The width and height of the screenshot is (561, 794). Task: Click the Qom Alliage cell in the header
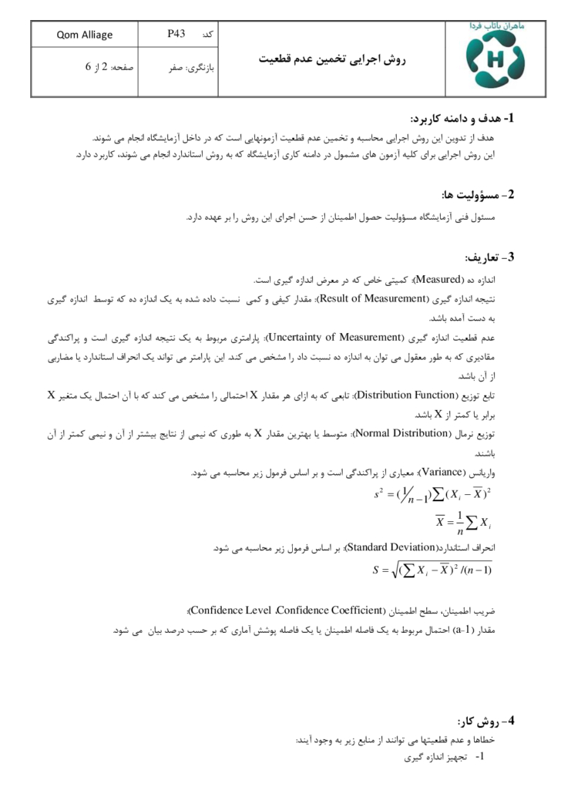[85, 35]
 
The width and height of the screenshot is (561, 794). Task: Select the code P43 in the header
[176, 35]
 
